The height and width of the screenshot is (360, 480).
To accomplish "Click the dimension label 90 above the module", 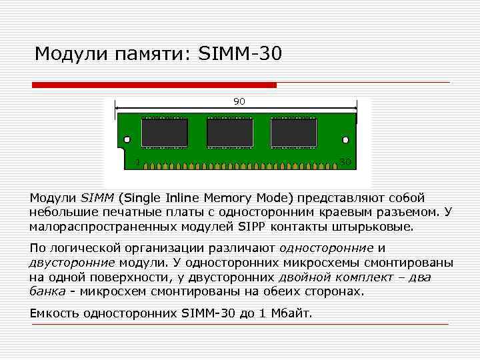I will [x=239, y=101].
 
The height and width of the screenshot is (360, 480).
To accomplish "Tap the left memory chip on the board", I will [x=164, y=133].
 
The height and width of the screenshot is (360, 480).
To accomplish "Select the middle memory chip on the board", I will [x=229, y=133].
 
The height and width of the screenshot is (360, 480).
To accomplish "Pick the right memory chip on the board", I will [x=293, y=133].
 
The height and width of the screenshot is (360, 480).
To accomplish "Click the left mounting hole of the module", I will [x=125, y=140].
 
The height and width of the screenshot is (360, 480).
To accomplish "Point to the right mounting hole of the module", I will [x=345, y=140].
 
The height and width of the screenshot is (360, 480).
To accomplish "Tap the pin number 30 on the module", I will [x=345, y=162].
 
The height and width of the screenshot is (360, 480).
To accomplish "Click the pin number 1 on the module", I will [x=137, y=162].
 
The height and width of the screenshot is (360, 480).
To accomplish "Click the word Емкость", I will [x=55, y=313].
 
